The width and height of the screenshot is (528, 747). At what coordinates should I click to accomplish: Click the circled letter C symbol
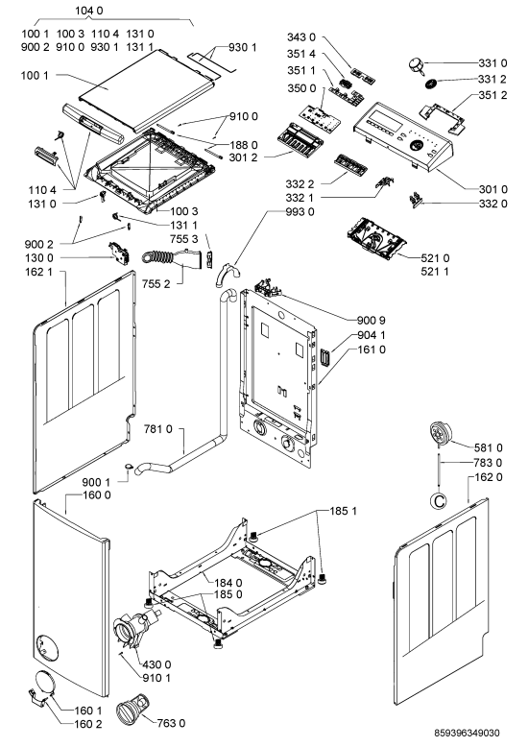coord(438,500)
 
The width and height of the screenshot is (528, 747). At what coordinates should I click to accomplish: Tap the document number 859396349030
coord(467,733)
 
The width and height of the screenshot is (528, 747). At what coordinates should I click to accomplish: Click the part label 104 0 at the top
coord(89,11)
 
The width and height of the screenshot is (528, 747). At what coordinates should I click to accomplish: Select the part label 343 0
coord(301,37)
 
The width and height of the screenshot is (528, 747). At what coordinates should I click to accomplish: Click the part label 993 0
coord(300,211)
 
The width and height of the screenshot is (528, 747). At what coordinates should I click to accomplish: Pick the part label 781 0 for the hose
coord(157,429)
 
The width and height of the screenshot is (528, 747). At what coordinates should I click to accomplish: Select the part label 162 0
coord(489,477)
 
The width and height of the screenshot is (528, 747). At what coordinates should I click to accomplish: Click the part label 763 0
coord(171,723)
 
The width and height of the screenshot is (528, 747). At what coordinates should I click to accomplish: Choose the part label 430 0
coord(156,664)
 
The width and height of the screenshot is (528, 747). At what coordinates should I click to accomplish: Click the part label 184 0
coord(228,583)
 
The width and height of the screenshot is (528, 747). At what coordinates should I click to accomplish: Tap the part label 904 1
coord(372,335)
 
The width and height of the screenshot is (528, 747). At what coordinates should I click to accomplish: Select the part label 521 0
coord(435,258)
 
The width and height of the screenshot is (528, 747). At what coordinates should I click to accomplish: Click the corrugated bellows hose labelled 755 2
coord(169,257)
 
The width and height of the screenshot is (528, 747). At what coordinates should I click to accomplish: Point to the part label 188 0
coord(244,145)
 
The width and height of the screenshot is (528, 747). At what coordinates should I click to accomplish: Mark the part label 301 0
coord(492,189)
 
